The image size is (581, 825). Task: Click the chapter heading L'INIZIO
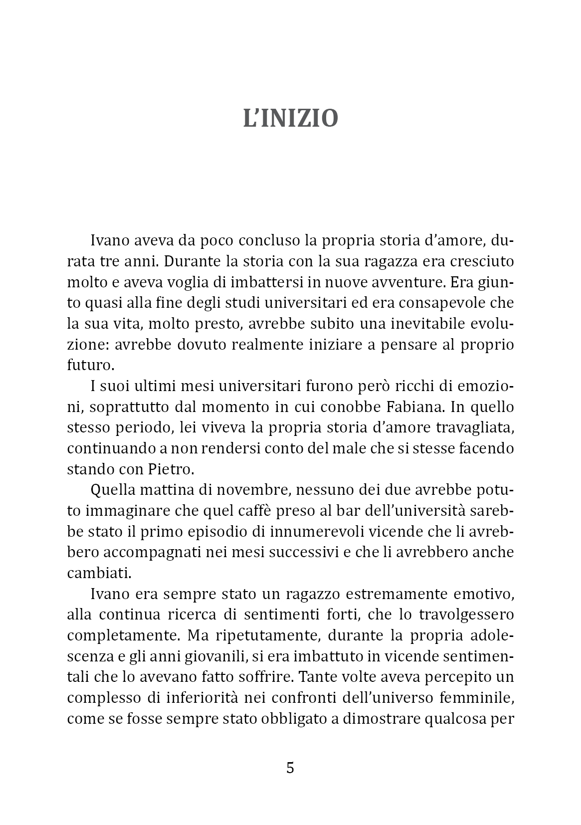(290, 119)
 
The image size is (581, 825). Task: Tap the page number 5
(290, 768)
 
